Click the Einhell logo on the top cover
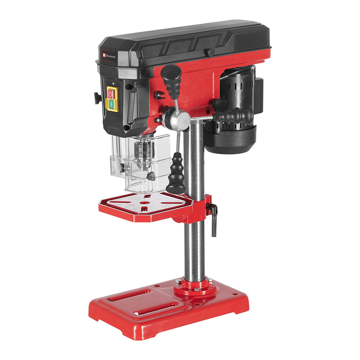tap(109, 56)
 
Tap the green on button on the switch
tap(112, 104)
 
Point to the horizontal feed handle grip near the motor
tap(234, 116)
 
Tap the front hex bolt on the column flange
tap(197, 289)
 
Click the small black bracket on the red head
tap(157, 95)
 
